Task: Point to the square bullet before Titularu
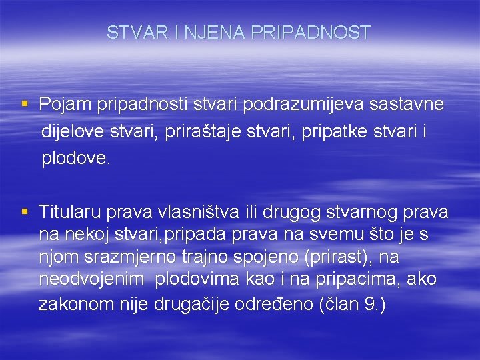(x=25, y=211)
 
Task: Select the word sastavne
(x=407, y=105)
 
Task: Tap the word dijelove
(x=72, y=132)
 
